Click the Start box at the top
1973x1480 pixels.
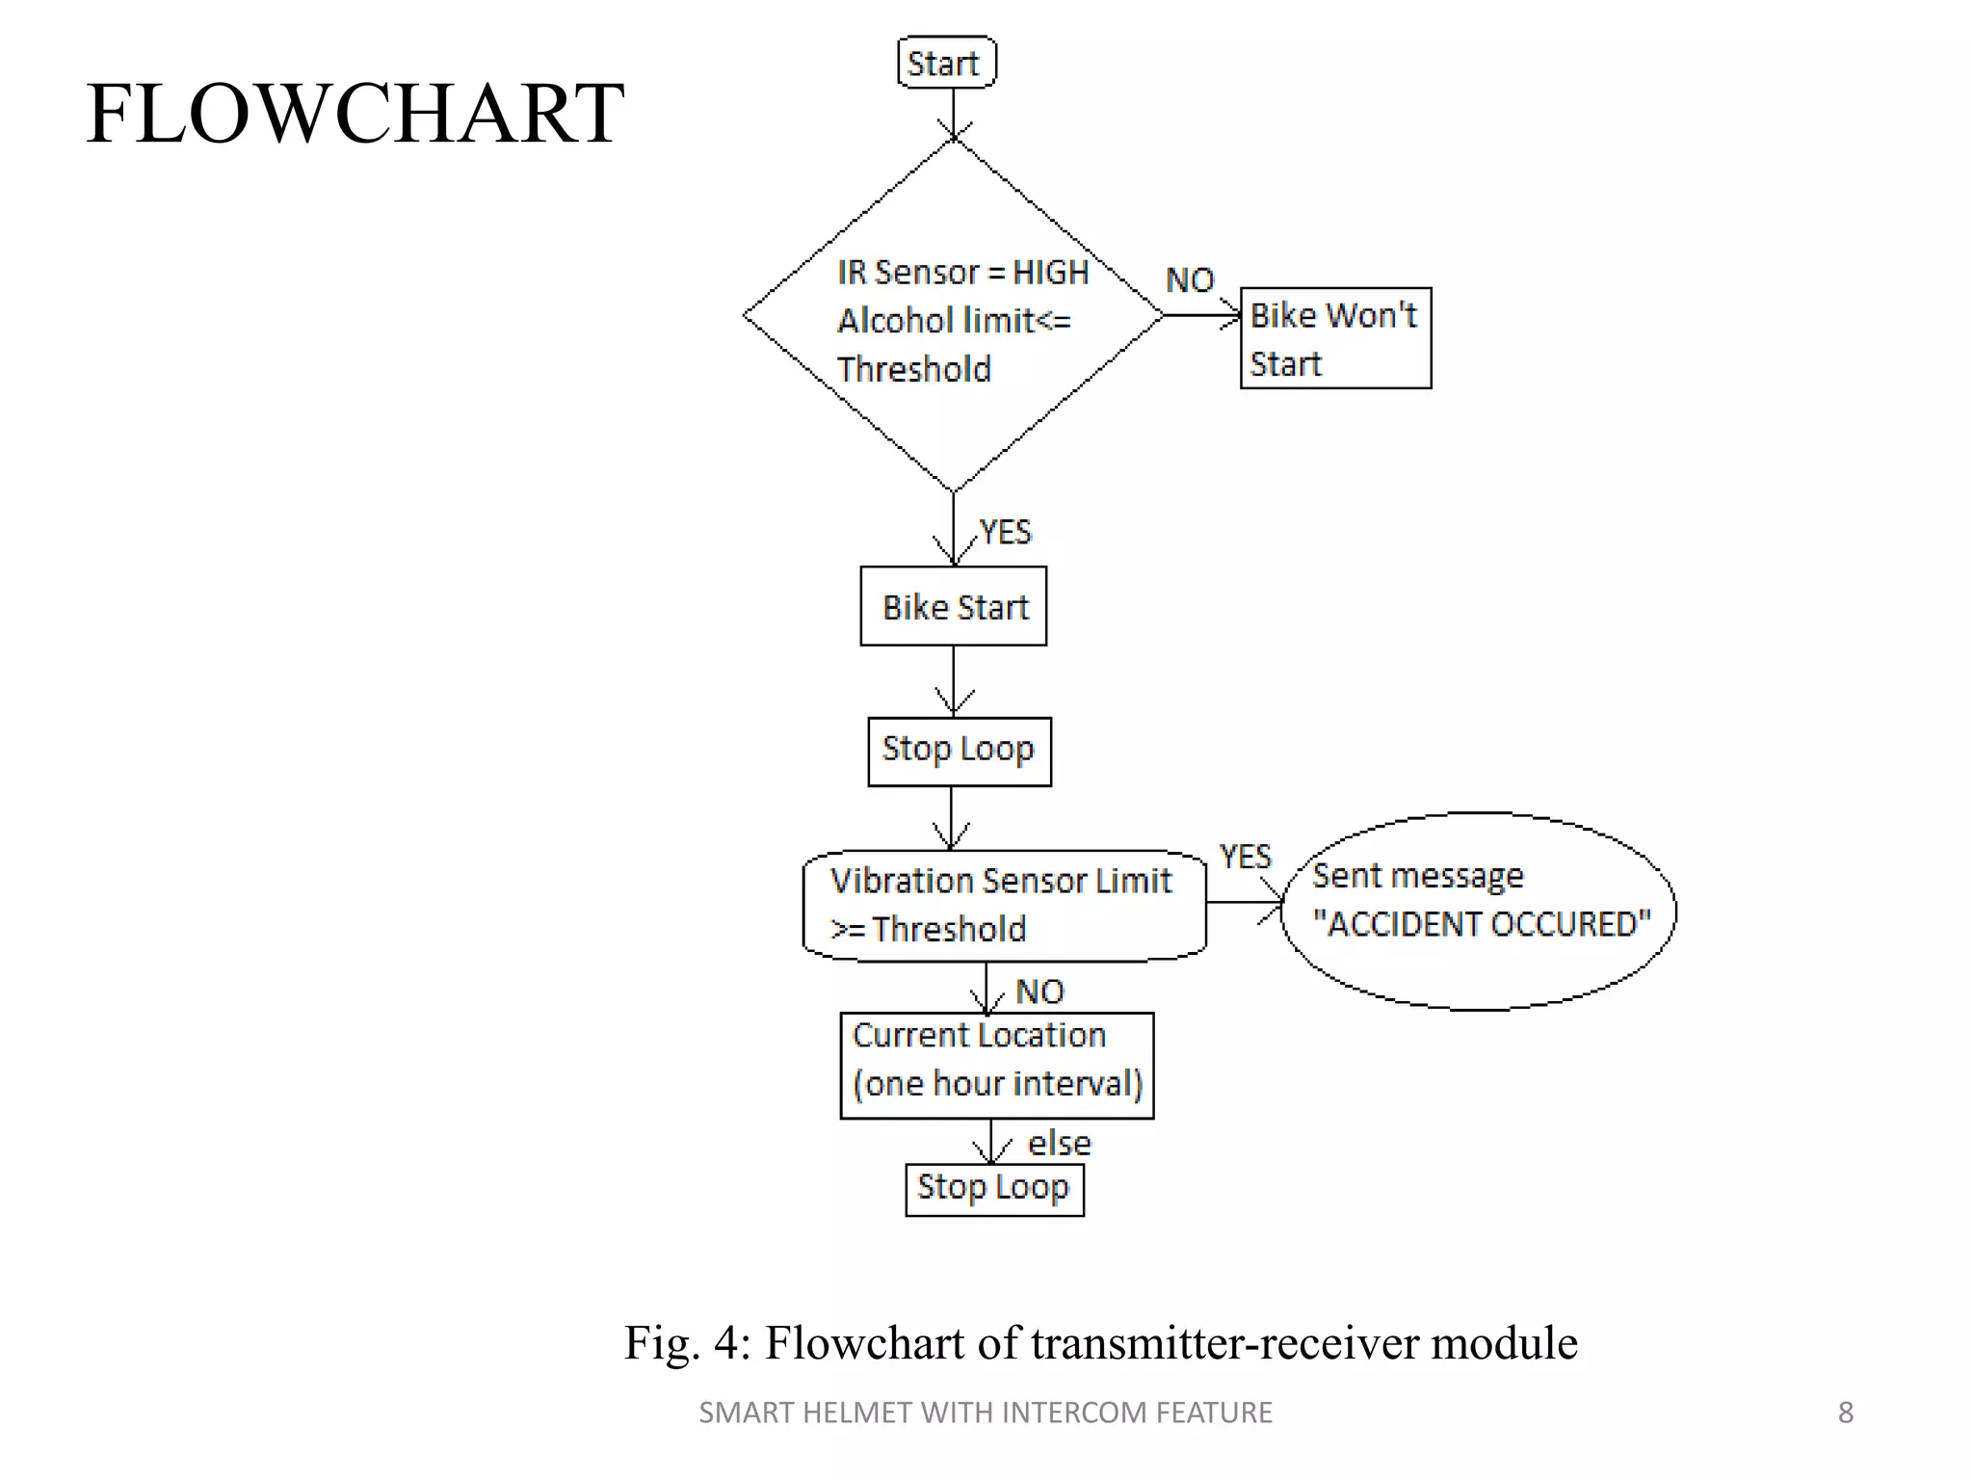point(946,63)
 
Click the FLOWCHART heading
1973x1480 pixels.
point(355,114)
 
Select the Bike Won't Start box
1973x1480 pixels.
point(1335,338)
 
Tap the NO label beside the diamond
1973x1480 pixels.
point(1190,280)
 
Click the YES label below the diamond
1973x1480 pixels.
point(1005,532)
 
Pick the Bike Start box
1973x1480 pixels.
point(954,606)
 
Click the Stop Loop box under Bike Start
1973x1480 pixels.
point(960,751)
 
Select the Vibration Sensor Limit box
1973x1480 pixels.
point(1004,905)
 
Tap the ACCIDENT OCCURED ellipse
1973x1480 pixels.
point(1480,911)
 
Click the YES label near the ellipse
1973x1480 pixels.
point(1245,856)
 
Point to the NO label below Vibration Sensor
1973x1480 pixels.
point(1039,991)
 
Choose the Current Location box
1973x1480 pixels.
point(997,1065)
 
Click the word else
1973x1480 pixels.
point(1059,1144)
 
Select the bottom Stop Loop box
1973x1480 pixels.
point(994,1189)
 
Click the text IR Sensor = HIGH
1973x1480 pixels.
point(962,273)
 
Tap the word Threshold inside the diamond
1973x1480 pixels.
point(913,369)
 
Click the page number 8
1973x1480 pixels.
point(1845,1413)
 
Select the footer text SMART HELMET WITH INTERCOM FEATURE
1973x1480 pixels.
point(985,1413)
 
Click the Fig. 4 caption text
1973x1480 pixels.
point(1100,1342)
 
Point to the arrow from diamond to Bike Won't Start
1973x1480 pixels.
point(1202,315)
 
